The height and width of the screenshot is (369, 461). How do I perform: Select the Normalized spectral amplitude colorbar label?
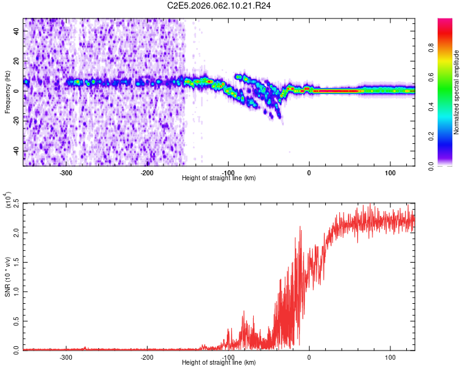click(457, 92)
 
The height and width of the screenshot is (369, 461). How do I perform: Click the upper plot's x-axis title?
click(219, 178)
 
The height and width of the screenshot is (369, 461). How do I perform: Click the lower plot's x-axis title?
click(219, 362)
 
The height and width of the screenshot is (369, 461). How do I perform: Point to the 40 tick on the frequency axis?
click(17, 31)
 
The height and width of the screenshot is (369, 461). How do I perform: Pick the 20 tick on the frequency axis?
click(17, 61)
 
